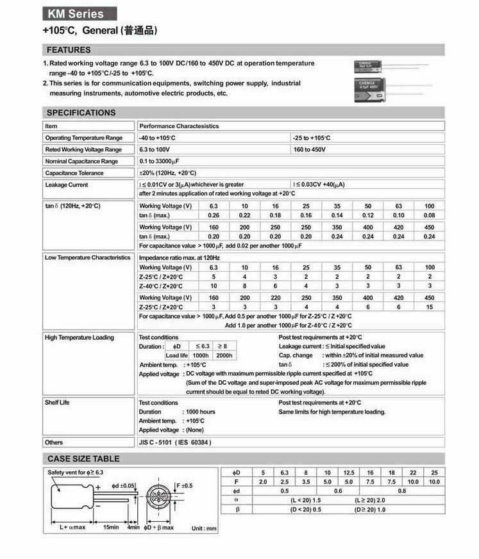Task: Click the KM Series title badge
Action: click(x=81, y=13)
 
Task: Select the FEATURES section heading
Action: click(x=69, y=50)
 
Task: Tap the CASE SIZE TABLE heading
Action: click(x=83, y=459)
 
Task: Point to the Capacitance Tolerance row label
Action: click(x=74, y=173)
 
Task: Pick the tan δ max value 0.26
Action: click(x=214, y=215)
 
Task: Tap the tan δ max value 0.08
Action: click(x=429, y=215)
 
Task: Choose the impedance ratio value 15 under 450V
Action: click(x=429, y=307)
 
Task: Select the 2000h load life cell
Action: click(x=224, y=355)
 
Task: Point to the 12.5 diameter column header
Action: click(x=349, y=472)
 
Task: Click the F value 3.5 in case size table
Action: click(x=306, y=481)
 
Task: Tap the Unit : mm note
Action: click(x=205, y=529)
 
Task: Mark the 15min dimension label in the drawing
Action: click(x=112, y=527)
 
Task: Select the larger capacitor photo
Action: click(x=371, y=90)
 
